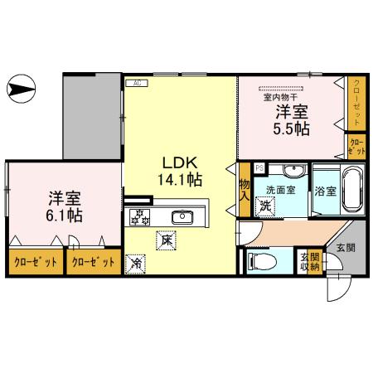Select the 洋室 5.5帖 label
click(x=293, y=120)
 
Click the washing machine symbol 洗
click(x=265, y=205)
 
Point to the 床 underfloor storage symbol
click(x=166, y=241)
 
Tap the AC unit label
click(x=135, y=83)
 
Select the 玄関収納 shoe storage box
click(x=308, y=261)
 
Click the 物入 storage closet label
click(x=245, y=191)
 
